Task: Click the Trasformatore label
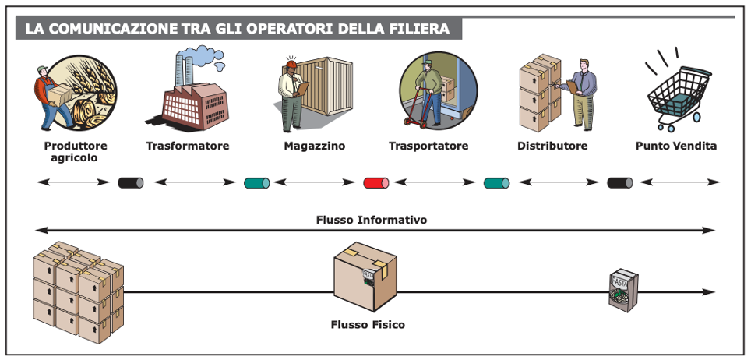(x=188, y=146)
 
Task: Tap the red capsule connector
(x=376, y=183)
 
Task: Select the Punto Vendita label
(x=675, y=146)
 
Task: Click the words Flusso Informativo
(x=372, y=220)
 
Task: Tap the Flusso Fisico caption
(x=368, y=324)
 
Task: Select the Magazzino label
(x=314, y=146)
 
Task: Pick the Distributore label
(x=552, y=146)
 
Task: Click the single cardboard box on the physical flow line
(x=365, y=277)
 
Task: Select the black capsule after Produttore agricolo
(x=130, y=183)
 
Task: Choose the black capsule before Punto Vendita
(x=620, y=183)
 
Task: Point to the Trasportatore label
(x=428, y=146)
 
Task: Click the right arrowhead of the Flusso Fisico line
(x=709, y=292)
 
